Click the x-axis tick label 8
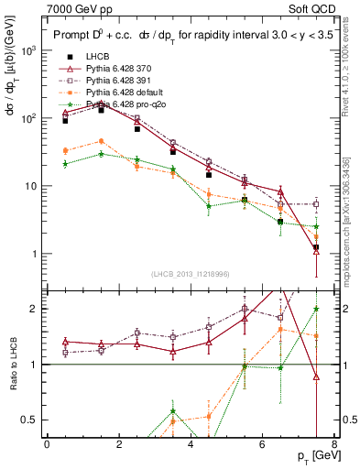pyautogui.click(x=335, y=444)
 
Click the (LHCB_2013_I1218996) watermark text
pyautogui.click(x=191, y=274)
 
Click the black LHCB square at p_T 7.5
pyautogui.click(x=316, y=247)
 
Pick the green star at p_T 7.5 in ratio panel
pyautogui.click(x=316, y=309)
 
